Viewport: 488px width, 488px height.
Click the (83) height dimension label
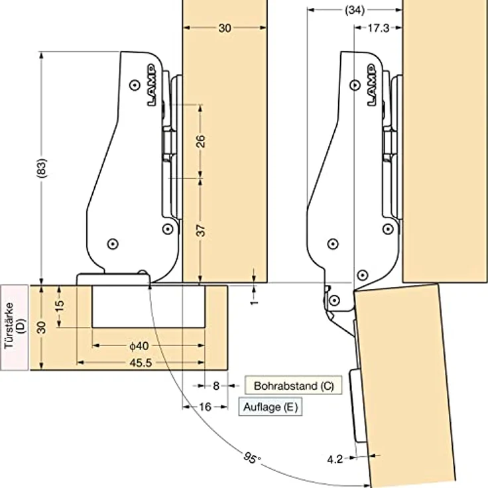coord(41,168)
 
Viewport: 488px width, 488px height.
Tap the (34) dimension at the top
coord(355,10)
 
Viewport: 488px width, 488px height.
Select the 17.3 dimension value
coord(378,28)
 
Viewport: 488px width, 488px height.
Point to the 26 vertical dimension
coord(201,141)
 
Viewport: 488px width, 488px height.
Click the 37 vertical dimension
coord(201,231)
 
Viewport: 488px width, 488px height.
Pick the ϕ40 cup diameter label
coord(139,345)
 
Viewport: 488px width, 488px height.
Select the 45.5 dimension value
coord(141,363)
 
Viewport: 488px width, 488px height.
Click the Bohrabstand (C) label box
coord(294,385)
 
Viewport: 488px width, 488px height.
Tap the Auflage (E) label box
coord(271,406)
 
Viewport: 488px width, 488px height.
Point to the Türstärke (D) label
coord(15,328)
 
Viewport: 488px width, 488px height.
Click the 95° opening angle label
coord(252,457)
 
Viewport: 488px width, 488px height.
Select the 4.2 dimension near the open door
coord(335,459)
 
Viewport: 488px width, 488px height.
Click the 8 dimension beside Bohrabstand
coord(216,386)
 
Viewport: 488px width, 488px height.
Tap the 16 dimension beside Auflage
coord(205,406)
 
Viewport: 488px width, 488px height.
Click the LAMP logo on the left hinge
coord(152,85)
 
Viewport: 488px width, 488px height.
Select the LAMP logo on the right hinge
coord(372,85)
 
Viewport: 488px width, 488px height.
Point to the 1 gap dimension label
coord(254,302)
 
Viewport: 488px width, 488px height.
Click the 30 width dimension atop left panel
coord(225,28)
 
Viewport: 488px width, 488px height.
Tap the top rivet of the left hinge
coord(135,85)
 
